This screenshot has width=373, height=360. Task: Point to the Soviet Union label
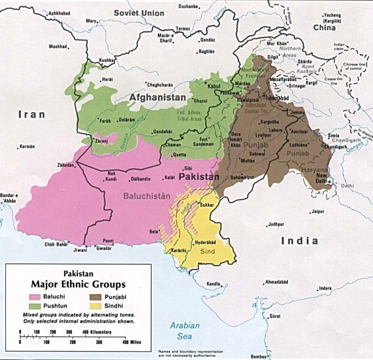click(139, 13)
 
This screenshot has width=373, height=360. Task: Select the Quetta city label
click(180, 155)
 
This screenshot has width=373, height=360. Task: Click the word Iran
click(32, 115)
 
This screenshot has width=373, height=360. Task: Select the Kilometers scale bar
click(68, 333)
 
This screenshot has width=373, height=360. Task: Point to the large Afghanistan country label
click(157, 98)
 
